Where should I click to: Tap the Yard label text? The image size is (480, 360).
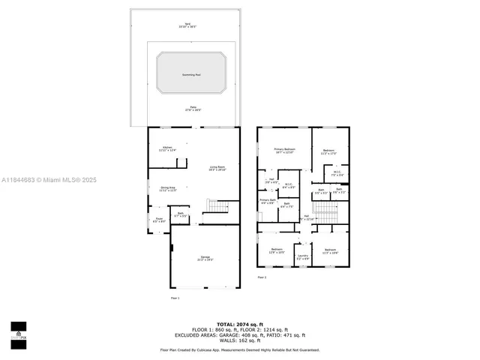pos(187,25)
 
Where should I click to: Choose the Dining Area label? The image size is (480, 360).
pos(166,189)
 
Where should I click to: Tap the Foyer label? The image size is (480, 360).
pos(158,220)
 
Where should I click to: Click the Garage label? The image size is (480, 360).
pos(205,259)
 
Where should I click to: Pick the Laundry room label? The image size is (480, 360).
pos(302,257)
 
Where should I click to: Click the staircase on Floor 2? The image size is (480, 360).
pos(329,215)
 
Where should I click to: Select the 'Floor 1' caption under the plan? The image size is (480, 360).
pos(175,298)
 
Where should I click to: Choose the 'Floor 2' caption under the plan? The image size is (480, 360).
pos(262,278)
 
